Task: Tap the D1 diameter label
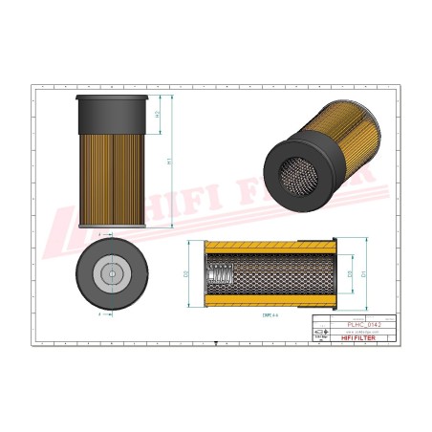(x=363, y=273)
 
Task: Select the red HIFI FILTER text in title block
(x=364, y=337)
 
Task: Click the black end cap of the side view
(x=112, y=117)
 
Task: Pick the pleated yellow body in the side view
(x=112, y=182)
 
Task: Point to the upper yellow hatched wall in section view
(x=268, y=247)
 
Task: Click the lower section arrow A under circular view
(x=99, y=312)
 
